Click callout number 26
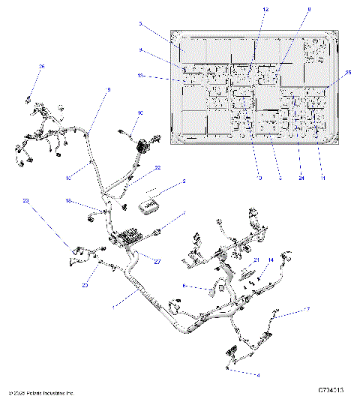tap(42, 67)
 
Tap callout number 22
tap(157, 168)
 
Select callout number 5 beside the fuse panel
tap(139, 24)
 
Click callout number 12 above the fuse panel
tap(265, 8)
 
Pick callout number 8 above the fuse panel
tap(308, 8)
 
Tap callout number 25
tap(349, 73)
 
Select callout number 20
tap(85, 285)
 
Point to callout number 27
tap(157, 260)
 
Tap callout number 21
tap(255, 259)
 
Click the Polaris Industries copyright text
tap(41, 392)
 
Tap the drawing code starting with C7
tap(330, 391)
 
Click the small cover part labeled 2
tap(154, 204)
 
